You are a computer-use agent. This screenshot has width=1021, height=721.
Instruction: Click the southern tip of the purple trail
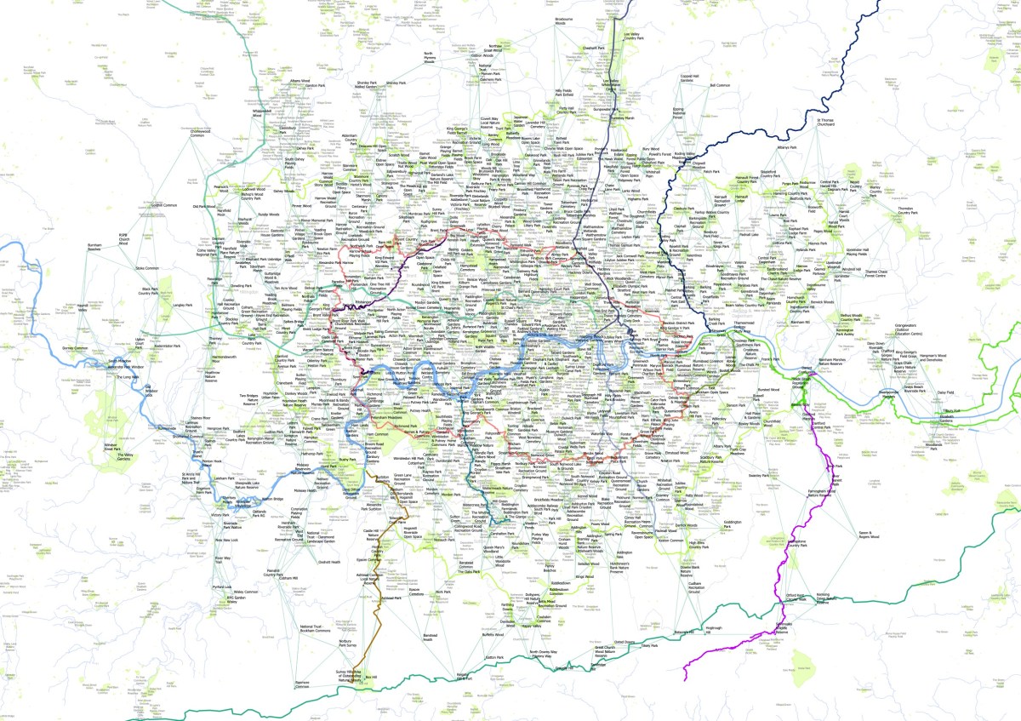point(686,680)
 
